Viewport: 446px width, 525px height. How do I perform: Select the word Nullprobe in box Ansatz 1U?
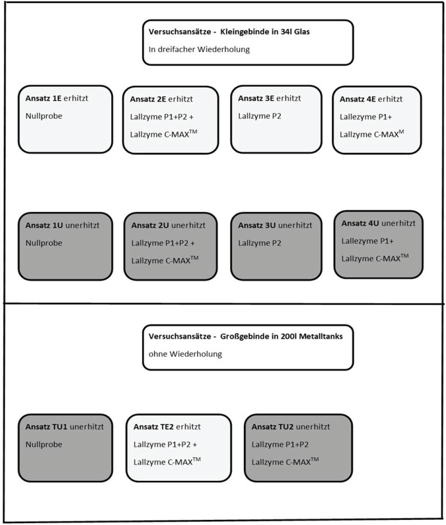coord(44,243)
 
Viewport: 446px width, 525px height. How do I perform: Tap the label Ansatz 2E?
coord(148,99)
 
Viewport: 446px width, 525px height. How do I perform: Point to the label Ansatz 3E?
coord(256,98)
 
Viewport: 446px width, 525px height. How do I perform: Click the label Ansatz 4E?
coord(358,99)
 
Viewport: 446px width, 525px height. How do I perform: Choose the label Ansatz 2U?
coord(150,226)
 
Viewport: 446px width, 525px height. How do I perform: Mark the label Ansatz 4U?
coord(360,223)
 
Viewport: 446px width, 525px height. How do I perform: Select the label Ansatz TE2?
coord(153,427)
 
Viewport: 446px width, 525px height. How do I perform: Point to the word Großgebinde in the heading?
coord(241,336)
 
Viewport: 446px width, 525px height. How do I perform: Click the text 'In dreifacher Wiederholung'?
coord(199,49)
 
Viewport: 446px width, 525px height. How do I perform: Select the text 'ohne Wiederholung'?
coord(185,354)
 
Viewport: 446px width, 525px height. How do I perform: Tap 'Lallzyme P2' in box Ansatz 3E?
coord(260,116)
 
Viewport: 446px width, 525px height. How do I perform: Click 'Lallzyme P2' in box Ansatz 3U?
coord(260,243)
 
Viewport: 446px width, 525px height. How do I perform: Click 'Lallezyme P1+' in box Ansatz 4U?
coord(367,241)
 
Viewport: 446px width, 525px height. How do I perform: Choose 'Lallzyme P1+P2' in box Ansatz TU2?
coord(280,445)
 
